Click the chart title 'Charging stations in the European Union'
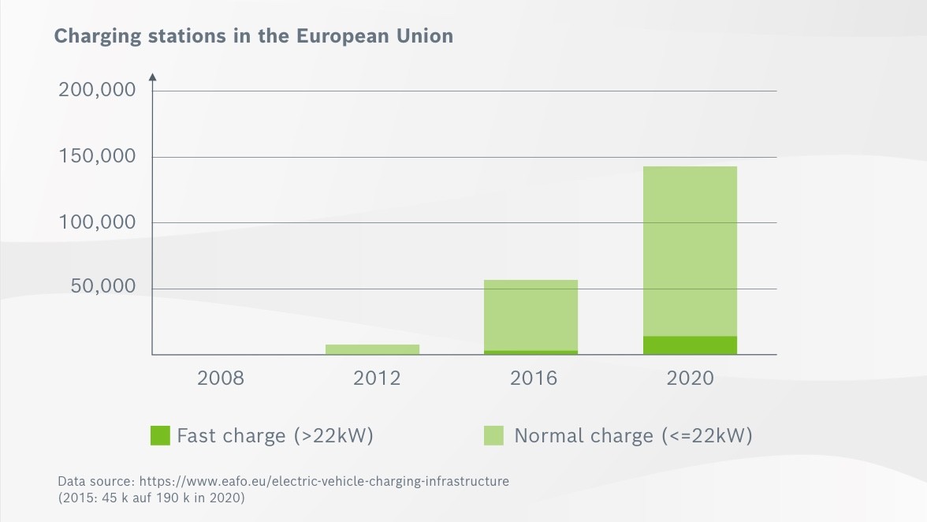click(253, 36)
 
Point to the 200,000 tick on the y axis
click(98, 90)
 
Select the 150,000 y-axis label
click(98, 156)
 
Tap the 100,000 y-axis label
click(98, 222)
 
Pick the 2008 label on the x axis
click(221, 378)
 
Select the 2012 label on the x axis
click(377, 378)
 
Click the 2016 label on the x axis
click(533, 378)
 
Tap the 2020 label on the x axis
click(690, 378)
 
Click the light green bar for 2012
click(373, 349)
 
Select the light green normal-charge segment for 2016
click(531, 315)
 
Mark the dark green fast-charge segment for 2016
click(531, 352)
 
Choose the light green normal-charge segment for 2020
click(690, 251)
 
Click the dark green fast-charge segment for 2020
click(690, 345)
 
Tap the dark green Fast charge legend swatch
click(160, 435)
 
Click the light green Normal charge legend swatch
click(493, 435)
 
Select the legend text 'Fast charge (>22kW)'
click(275, 435)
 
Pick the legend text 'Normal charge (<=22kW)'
click(633, 435)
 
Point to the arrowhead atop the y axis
click(152, 76)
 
